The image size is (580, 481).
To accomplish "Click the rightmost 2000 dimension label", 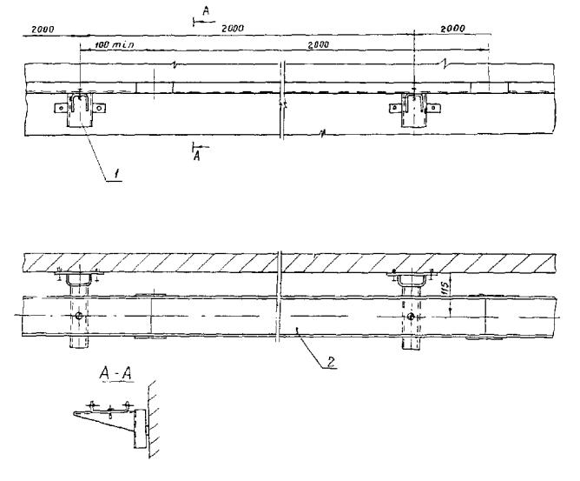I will pos(452,29).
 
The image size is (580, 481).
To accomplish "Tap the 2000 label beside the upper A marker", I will pos(232,29).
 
